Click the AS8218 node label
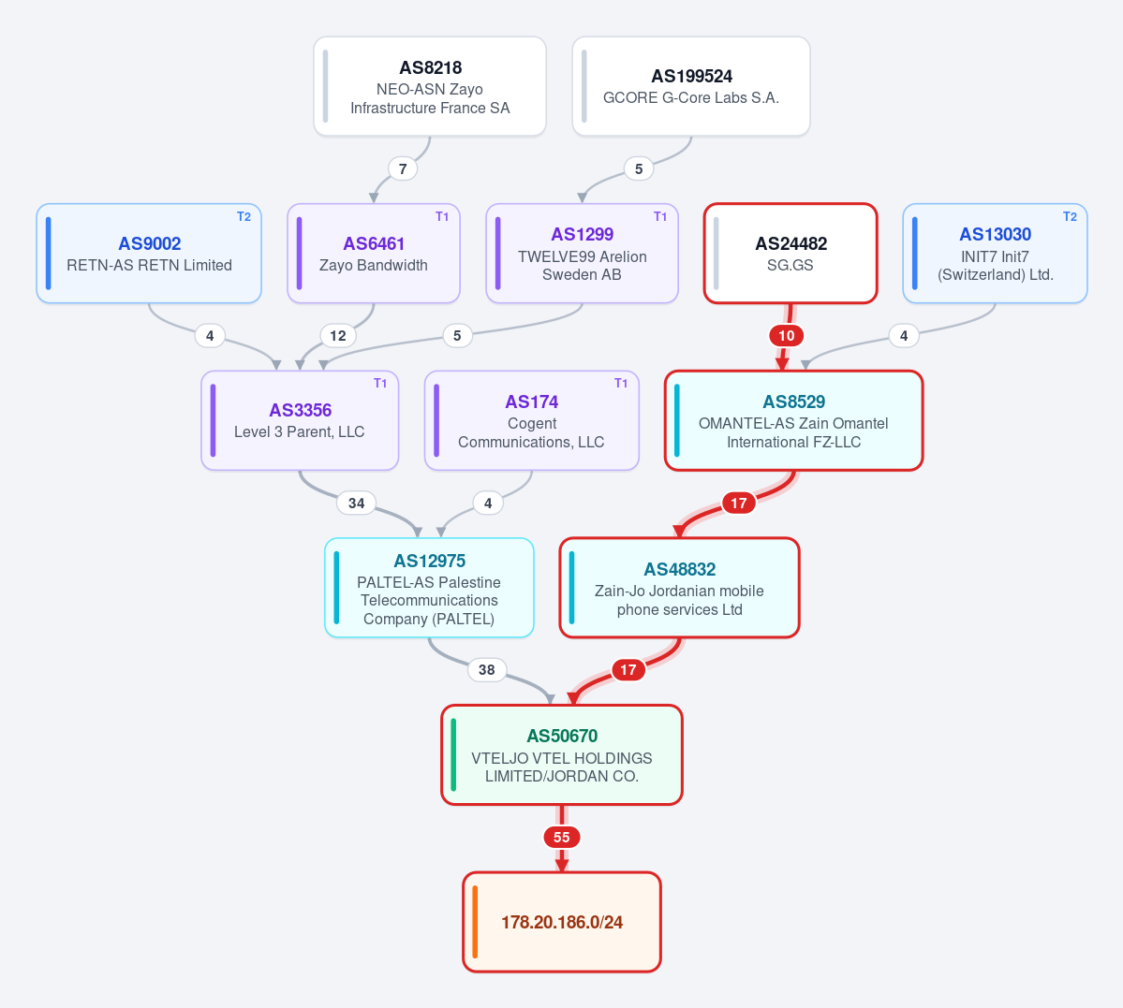pyautogui.click(x=431, y=67)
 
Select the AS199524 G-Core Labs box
pyautogui.click(x=691, y=87)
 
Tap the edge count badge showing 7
pyautogui.click(x=403, y=169)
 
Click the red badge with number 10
pyautogui.click(x=787, y=336)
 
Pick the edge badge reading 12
pyautogui.click(x=338, y=336)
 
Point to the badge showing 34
pyautogui.click(x=357, y=504)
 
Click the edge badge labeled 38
pyautogui.click(x=487, y=670)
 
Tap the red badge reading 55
pyautogui.click(x=562, y=837)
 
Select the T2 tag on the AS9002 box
pyautogui.click(x=244, y=217)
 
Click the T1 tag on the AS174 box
pyautogui.click(x=621, y=384)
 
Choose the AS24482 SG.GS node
pyautogui.click(x=791, y=254)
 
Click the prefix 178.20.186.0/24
pyautogui.click(x=562, y=922)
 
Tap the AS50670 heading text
pyautogui.click(x=562, y=736)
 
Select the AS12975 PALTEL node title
pyautogui.click(x=430, y=561)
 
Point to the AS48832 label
pyautogui.click(x=680, y=569)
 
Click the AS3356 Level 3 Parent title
pyautogui.click(x=300, y=410)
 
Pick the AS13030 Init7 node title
pyautogui.click(x=996, y=234)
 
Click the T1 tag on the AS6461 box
pyautogui.click(x=443, y=217)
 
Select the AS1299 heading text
pyautogui.click(x=583, y=234)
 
